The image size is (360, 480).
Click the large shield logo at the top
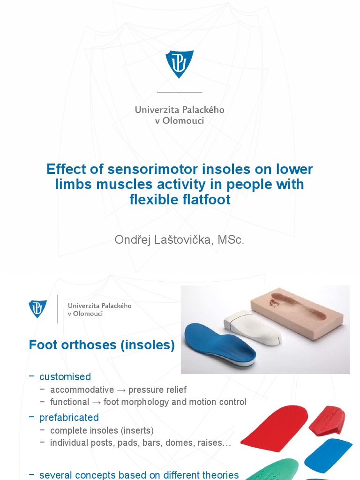(180, 64)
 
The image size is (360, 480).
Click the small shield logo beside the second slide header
(37, 309)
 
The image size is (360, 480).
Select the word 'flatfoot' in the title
(205, 200)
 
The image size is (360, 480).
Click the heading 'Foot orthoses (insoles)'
(102, 345)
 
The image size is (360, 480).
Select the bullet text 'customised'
(65, 377)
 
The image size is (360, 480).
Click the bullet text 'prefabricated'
(69, 417)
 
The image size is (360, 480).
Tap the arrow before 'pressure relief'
(121, 390)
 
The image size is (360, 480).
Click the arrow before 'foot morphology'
(96, 402)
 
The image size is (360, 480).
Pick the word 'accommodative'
(82, 390)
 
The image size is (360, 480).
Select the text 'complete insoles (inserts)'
(102, 430)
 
